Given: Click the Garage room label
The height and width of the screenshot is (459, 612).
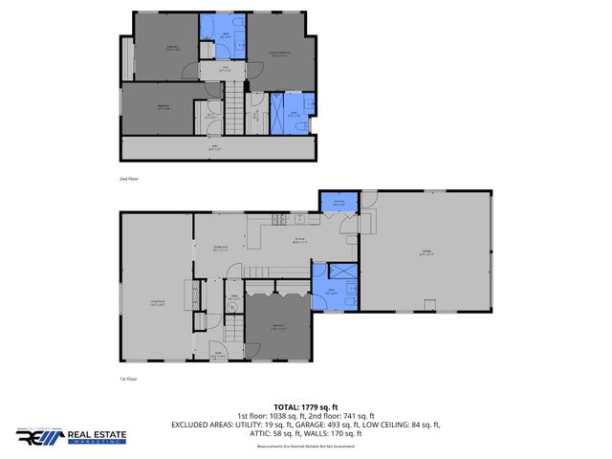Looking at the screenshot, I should click(x=427, y=253).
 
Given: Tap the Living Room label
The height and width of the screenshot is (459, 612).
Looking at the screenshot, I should click(x=157, y=304).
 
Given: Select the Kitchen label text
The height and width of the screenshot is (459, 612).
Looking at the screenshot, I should click(x=298, y=240).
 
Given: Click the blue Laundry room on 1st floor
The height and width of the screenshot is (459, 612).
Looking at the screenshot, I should click(x=337, y=203).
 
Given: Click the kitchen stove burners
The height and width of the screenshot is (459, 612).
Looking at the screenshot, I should click(x=279, y=220).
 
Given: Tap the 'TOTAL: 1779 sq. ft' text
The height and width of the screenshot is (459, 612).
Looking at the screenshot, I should click(x=305, y=407).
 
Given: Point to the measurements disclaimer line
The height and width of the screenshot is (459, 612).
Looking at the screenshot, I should click(x=305, y=447).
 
